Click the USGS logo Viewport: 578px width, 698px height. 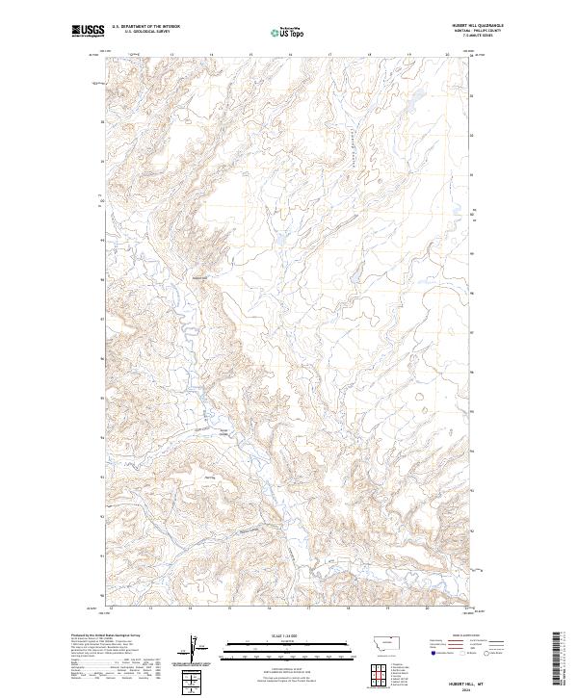(x=88, y=32)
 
